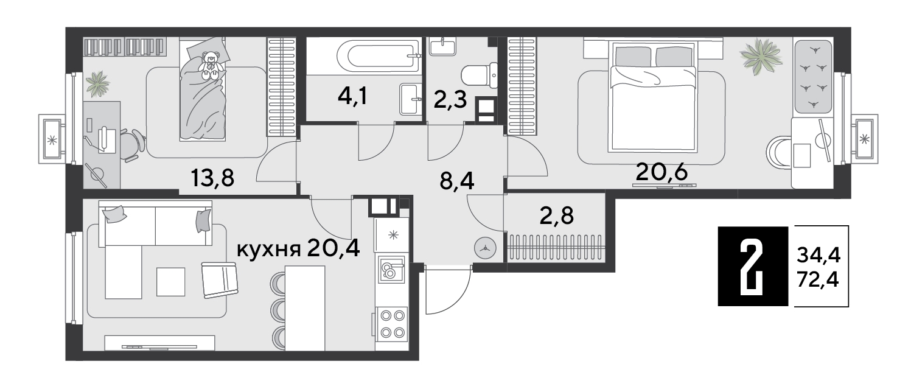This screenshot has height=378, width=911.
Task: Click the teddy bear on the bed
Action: (x=211, y=65)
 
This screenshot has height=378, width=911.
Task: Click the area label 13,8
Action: (x=213, y=178)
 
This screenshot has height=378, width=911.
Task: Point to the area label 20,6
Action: (x=661, y=172)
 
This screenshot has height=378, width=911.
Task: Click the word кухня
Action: (x=268, y=249)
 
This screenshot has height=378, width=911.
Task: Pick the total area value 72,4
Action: (x=818, y=280)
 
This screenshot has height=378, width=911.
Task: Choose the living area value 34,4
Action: (x=819, y=256)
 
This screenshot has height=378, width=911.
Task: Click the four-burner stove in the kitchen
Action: (x=393, y=324)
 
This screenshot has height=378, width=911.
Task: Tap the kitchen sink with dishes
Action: (x=392, y=269)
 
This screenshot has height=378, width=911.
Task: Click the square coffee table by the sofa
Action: (x=171, y=282)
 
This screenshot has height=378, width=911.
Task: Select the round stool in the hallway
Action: (x=485, y=248)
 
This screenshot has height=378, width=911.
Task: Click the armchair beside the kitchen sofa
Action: (x=220, y=280)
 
